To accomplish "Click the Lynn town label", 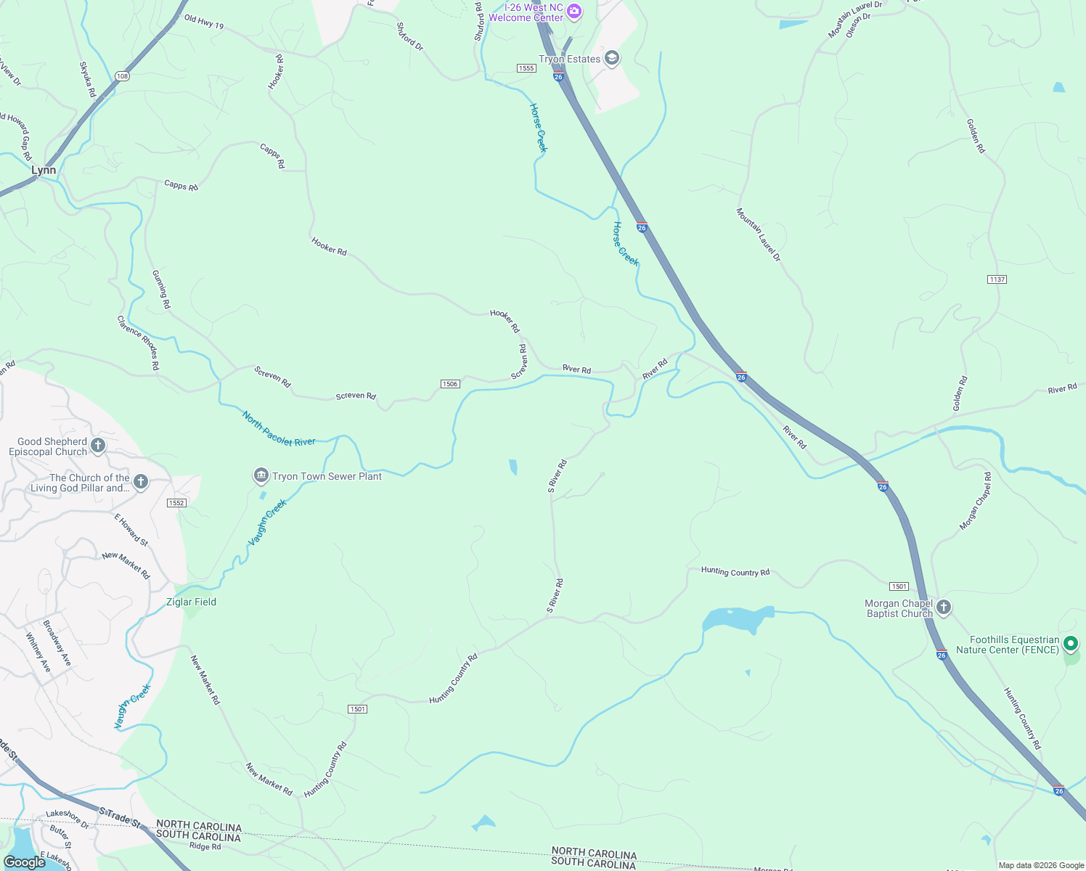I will [x=44, y=170].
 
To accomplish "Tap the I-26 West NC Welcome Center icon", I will [x=574, y=11].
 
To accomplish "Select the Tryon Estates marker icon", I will [x=612, y=59].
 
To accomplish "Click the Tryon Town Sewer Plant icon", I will [x=261, y=476].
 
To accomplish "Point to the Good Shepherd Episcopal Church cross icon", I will [x=98, y=446].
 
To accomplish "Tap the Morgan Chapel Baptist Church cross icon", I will [x=943, y=608].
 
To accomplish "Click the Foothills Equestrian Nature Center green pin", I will [x=1071, y=644].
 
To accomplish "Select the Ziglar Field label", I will [x=191, y=602].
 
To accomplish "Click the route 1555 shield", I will [x=526, y=68].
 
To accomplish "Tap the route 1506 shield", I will [x=450, y=384].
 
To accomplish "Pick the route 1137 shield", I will [x=997, y=279].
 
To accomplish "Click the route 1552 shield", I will [x=176, y=503].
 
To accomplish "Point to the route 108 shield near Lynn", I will [x=122, y=76].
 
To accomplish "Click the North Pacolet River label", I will [x=279, y=429].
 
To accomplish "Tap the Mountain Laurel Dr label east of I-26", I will [x=758, y=234].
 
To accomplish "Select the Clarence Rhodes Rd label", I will [x=138, y=343].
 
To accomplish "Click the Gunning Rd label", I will [x=161, y=290].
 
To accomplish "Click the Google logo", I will [x=24, y=862].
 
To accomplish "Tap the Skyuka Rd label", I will [x=87, y=79].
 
